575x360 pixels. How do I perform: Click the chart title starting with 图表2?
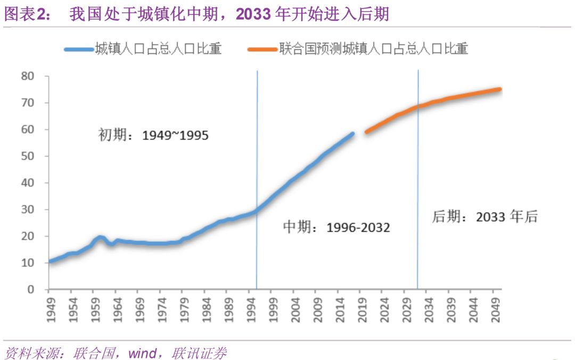click(197, 14)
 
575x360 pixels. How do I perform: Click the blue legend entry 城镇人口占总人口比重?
click(158, 50)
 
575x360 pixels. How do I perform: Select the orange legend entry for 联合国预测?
click(372, 50)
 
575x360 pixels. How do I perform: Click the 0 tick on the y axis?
click(31, 289)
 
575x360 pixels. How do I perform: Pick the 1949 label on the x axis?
click(49, 305)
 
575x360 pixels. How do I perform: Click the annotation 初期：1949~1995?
click(153, 135)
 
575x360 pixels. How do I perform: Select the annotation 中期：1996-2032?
click(336, 228)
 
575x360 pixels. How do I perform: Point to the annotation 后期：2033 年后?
click(484, 217)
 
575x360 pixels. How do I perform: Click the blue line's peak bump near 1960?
click(100, 238)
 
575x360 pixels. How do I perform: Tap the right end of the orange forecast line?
click(499, 89)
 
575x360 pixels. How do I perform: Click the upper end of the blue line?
click(352, 134)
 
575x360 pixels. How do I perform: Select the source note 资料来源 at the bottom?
click(115, 353)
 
